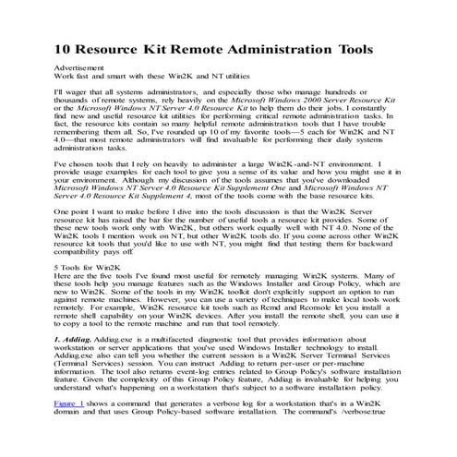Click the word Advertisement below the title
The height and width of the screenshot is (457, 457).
coord(79,68)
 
